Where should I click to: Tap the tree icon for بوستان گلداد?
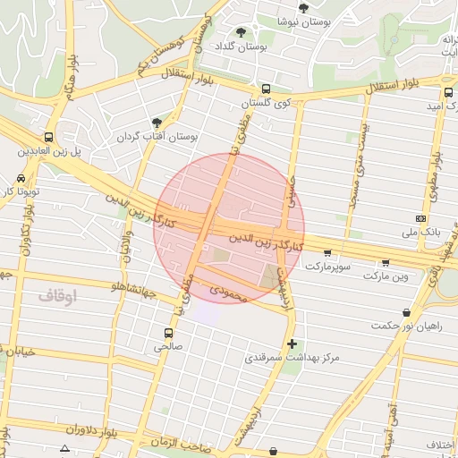[241, 32]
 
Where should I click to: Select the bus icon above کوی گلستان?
[267, 89]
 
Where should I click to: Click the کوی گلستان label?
[271, 104]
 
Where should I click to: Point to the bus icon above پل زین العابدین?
[48, 138]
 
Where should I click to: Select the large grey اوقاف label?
[58, 294]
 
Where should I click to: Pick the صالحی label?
[168, 344]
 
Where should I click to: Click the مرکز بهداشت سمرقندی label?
[293, 358]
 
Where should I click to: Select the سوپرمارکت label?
[330, 267]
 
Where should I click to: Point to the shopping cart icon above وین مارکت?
[386, 262]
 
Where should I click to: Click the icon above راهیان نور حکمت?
[407, 313]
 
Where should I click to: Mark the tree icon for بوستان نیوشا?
[304, 7]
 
